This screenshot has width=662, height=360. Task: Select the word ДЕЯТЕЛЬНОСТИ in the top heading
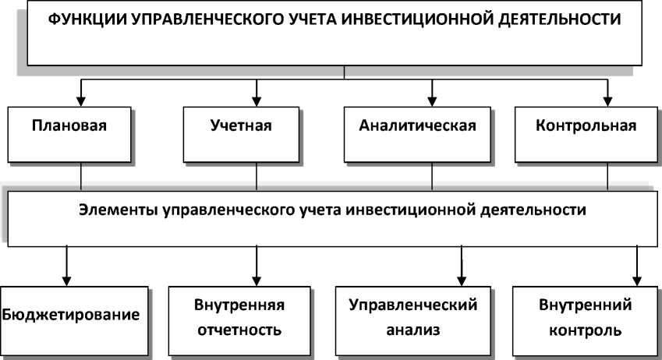tap(555, 20)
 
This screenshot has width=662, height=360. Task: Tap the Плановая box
tap(69, 125)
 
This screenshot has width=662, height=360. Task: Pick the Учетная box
tap(242, 125)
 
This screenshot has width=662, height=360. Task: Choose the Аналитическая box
tap(417, 125)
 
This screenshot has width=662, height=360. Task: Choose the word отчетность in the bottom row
tap(242, 330)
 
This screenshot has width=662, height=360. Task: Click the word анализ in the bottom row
tap(414, 330)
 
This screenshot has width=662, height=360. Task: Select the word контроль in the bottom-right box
tap(586, 330)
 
